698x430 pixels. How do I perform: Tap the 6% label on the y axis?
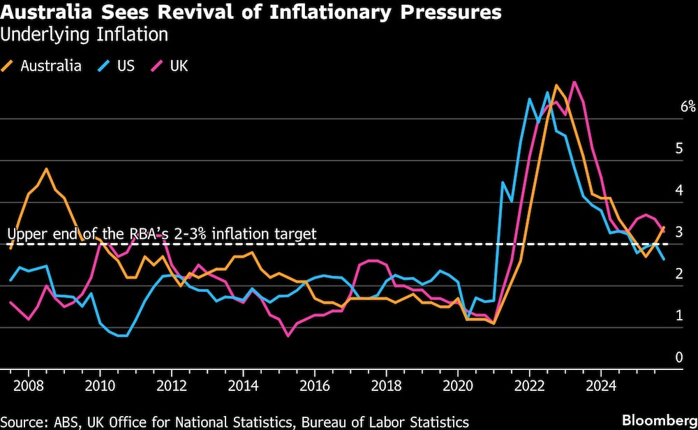point(688,107)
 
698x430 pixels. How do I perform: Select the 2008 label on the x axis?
point(27,385)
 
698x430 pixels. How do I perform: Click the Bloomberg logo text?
point(659,420)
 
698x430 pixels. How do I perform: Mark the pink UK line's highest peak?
point(574,82)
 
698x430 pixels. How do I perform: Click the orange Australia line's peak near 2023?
point(556,86)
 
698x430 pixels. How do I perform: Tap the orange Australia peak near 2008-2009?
point(46,169)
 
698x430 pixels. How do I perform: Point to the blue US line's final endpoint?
point(663,259)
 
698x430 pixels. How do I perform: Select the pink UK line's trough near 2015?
point(288,336)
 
